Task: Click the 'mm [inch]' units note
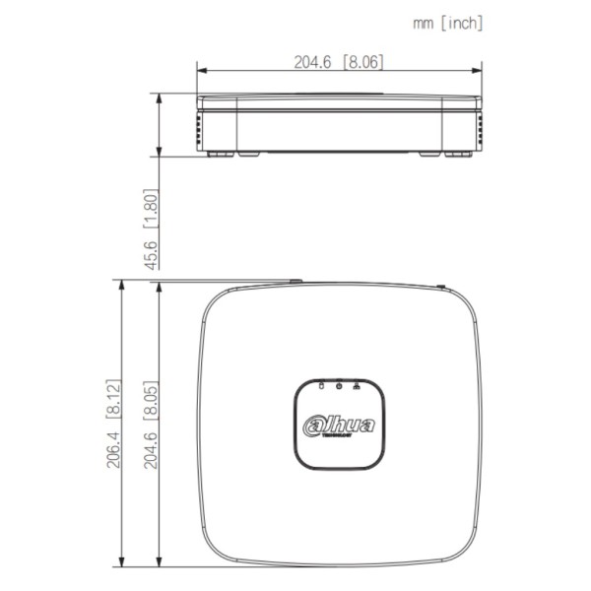(x=447, y=23)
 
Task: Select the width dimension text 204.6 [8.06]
(x=339, y=61)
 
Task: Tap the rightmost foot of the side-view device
(x=458, y=153)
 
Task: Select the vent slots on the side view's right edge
(x=480, y=127)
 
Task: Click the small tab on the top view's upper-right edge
(x=439, y=288)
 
